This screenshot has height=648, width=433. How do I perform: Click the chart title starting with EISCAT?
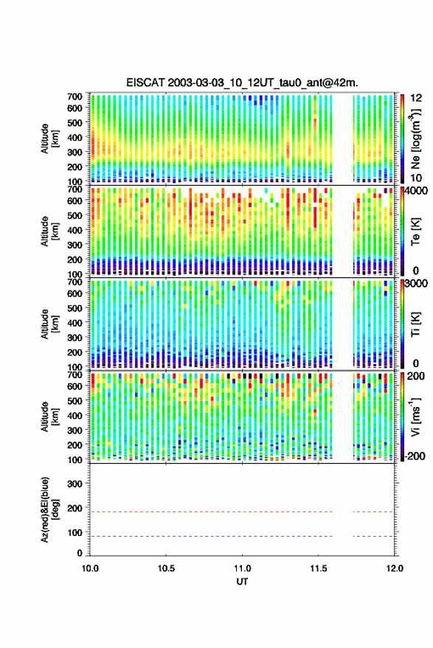click(x=242, y=83)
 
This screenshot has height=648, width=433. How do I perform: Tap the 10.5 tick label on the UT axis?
click(x=166, y=568)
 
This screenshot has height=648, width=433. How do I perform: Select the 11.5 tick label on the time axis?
click(x=318, y=568)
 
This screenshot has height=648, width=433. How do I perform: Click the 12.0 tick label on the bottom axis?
click(x=394, y=568)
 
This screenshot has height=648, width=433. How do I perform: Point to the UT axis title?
click(x=242, y=582)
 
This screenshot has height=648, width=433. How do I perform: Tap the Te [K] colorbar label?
click(x=415, y=231)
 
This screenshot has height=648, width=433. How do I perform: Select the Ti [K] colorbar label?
click(x=415, y=324)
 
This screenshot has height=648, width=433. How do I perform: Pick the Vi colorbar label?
click(x=417, y=417)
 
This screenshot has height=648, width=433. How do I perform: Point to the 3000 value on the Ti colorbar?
click(x=417, y=284)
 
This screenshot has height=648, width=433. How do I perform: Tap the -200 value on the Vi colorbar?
click(x=414, y=456)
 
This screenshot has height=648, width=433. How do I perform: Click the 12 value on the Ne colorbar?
click(x=417, y=98)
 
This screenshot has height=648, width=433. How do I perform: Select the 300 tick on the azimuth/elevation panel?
click(x=75, y=484)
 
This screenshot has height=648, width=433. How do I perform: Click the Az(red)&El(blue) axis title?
click(x=50, y=509)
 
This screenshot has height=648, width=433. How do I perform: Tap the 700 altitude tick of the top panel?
click(x=75, y=97)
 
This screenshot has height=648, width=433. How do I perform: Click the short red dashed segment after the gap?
click(x=373, y=512)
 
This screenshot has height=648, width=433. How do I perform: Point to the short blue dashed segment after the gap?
click(x=373, y=537)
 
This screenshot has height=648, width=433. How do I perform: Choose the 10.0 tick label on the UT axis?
click(x=90, y=568)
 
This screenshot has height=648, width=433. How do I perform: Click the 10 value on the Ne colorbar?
click(x=417, y=178)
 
